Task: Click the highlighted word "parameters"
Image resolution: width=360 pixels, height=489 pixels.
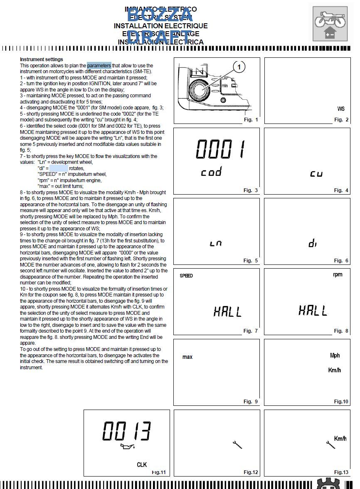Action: (x=99, y=66)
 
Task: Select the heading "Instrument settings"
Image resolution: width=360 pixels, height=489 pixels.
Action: (x=42, y=59)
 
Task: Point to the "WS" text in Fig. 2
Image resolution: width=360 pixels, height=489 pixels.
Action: (x=341, y=109)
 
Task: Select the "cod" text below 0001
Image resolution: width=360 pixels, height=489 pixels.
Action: (x=211, y=172)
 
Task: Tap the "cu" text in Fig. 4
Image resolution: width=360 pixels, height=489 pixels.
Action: (x=316, y=174)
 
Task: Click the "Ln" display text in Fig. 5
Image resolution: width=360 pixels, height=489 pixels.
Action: (x=216, y=244)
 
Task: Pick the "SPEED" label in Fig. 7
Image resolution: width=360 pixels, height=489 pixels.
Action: (x=186, y=276)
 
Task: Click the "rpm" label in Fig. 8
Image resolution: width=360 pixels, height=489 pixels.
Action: (x=338, y=275)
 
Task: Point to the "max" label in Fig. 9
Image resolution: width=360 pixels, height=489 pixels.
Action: (x=187, y=357)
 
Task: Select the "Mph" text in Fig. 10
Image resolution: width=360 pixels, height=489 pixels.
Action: (x=335, y=356)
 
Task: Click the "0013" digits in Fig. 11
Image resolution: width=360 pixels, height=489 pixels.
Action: (x=126, y=431)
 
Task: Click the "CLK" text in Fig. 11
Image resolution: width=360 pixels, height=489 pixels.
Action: (x=142, y=464)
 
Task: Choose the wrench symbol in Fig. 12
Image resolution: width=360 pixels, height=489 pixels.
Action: (x=237, y=445)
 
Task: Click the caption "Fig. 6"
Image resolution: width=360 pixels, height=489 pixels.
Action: (x=341, y=261)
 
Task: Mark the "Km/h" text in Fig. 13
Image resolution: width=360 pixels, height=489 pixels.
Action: (x=340, y=439)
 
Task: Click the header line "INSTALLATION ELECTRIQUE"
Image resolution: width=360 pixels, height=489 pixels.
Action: (x=160, y=26)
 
